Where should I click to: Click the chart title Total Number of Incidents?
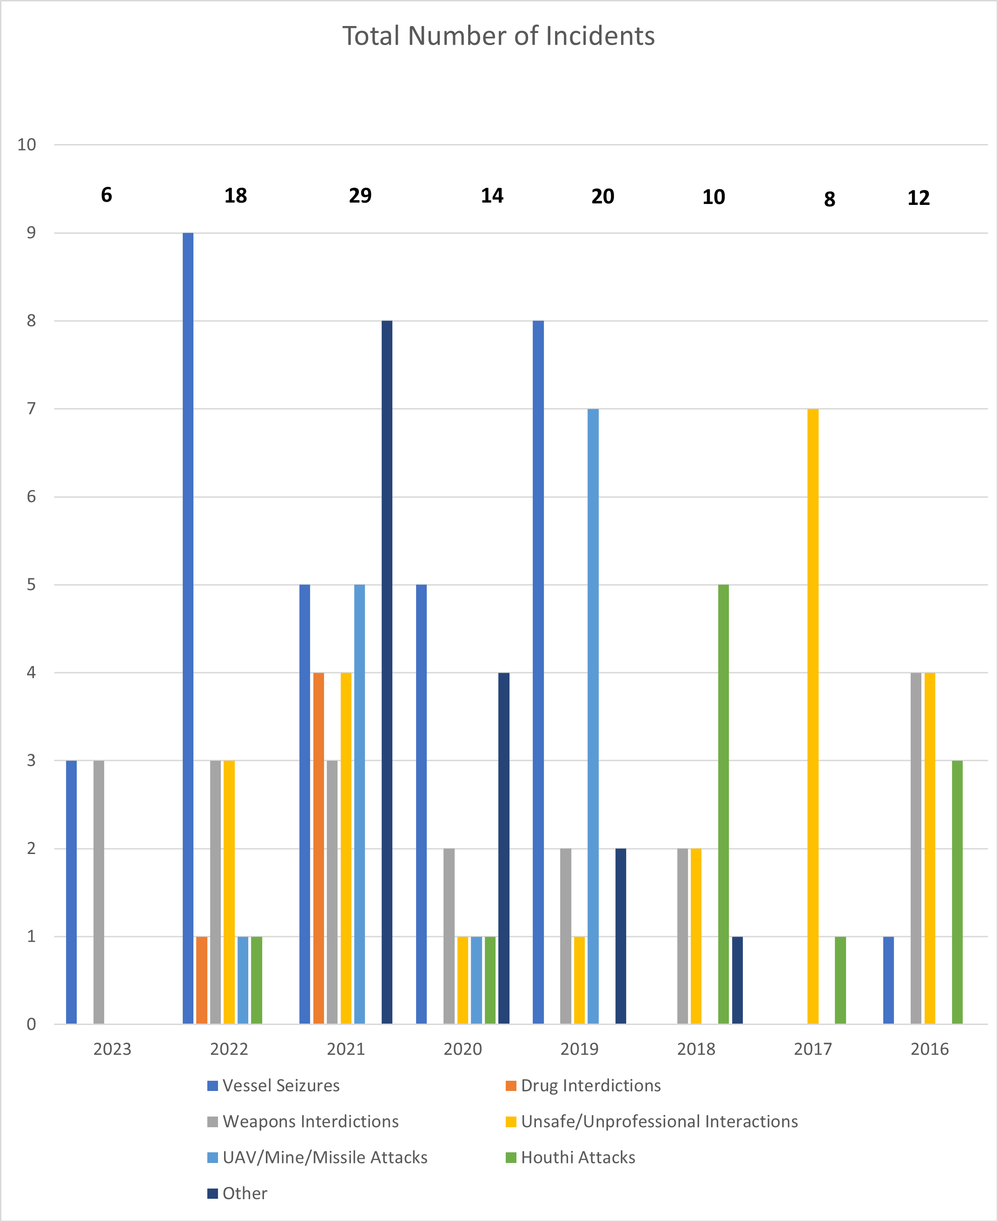(x=498, y=36)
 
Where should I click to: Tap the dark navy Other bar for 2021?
(x=387, y=672)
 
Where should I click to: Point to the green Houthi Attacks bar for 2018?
(x=723, y=804)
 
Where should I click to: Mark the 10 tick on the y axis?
(x=26, y=145)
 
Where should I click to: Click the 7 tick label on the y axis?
(x=31, y=408)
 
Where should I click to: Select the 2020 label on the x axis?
(x=463, y=1049)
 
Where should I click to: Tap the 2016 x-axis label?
(x=930, y=1049)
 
